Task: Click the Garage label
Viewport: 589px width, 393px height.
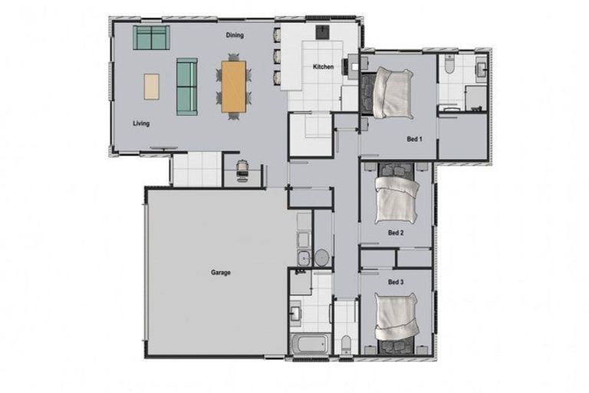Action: [220, 272]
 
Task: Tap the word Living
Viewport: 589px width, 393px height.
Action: [140, 123]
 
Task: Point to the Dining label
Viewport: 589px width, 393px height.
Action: [235, 35]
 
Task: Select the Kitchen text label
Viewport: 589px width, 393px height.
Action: [323, 68]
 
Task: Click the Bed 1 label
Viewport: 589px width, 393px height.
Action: [414, 139]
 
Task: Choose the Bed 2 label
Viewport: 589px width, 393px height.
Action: [396, 233]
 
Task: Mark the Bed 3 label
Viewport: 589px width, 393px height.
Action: [396, 282]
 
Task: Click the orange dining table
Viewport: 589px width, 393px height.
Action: [234, 86]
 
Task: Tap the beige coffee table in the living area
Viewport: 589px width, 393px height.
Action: [152, 85]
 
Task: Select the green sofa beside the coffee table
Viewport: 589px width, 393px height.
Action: [186, 86]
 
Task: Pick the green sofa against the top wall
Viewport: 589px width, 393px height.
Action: [151, 37]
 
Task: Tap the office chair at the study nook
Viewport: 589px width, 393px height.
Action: [243, 168]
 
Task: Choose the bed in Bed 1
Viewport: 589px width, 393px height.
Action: [390, 92]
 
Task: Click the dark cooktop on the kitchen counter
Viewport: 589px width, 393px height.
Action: [323, 32]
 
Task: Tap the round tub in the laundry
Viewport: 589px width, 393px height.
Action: [322, 257]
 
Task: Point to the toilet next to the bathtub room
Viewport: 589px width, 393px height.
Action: [346, 341]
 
